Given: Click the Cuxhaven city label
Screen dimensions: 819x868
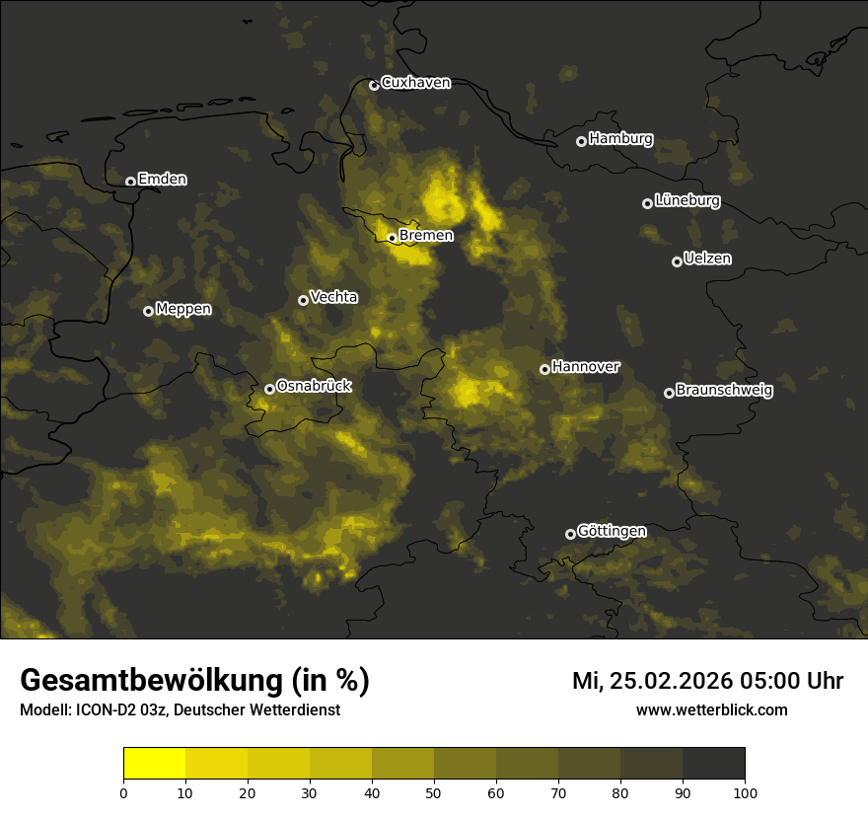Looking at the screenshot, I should click(x=415, y=83).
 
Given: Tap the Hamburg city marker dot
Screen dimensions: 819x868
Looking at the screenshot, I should click(x=581, y=141).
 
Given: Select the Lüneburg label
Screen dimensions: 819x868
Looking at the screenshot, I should click(x=687, y=200).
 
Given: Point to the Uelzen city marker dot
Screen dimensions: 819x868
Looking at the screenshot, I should click(x=677, y=261).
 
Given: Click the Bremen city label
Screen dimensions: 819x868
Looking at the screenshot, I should click(x=426, y=235).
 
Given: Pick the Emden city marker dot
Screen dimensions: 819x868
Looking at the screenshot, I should click(x=130, y=182).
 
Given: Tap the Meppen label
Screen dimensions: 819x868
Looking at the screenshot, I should click(x=183, y=309).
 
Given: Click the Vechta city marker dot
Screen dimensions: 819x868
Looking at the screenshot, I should click(x=303, y=300).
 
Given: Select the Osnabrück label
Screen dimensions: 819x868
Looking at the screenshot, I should click(x=314, y=386).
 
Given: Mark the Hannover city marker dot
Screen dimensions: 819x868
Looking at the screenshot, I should click(x=544, y=369).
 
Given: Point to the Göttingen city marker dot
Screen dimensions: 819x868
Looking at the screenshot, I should click(x=570, y=534).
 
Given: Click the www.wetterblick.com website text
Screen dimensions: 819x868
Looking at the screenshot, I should click(x=711, y=709).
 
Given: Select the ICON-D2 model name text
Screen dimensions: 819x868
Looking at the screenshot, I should click(x=105, y=709).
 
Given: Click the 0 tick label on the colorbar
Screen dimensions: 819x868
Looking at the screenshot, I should click(x=123, y=791).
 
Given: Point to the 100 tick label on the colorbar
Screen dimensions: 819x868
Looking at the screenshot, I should click(x=745, y=791).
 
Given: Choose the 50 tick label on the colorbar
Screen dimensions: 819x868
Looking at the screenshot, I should click(x=434, y=791).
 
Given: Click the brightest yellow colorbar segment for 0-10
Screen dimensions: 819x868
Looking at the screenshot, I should click(x=154, y=763).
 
